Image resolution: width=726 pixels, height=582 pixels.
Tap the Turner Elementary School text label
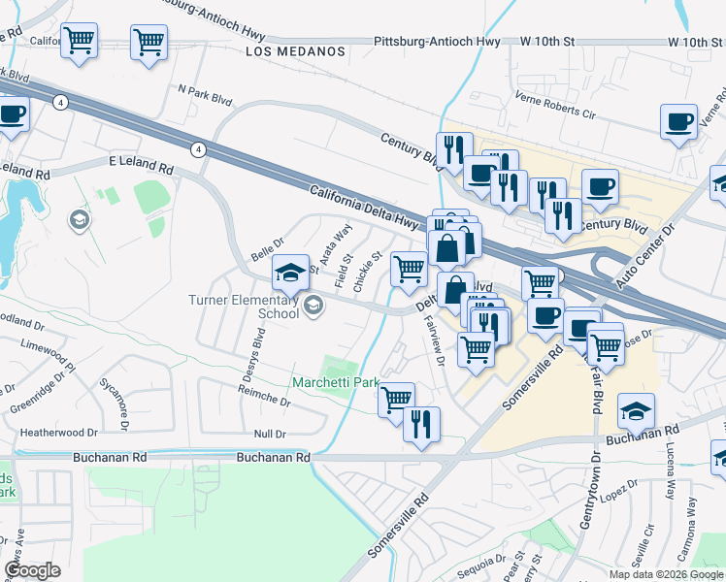tap(244, 307)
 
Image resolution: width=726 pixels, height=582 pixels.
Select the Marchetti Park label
tap(336, 383)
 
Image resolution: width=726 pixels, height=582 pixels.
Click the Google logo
tap(32, 570)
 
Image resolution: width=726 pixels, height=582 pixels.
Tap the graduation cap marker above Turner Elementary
tap(289, 274)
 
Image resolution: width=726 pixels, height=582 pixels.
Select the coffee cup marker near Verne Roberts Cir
tap(678, 122)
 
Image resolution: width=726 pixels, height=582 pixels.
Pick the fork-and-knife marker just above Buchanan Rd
tap(421, 425)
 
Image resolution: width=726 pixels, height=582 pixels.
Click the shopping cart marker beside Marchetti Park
tap(395, 400)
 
